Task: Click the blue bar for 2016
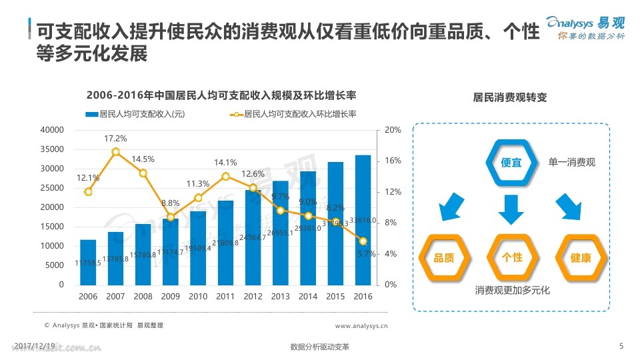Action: pos(363,220)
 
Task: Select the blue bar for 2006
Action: pos(88,262)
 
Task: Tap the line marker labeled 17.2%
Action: pos(115,151)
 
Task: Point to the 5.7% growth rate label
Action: pos(367,254)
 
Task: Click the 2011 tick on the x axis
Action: pos(225,296)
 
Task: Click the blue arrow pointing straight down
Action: pos(512,209)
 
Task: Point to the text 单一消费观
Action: pos(571,163)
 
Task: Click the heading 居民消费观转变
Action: pos(510,97)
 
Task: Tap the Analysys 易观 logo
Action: pos(586,27)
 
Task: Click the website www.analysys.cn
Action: pos(361,326)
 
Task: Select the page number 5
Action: pos(621,345)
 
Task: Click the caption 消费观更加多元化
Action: pos(512,291)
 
